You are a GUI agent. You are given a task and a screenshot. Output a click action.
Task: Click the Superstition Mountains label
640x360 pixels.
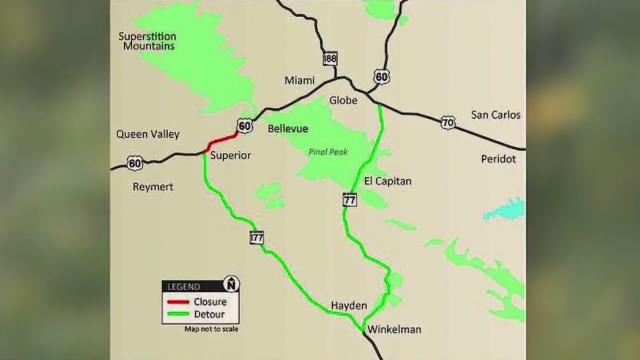pos(146,41)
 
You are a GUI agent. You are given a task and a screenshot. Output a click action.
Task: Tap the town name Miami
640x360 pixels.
pos(299,81)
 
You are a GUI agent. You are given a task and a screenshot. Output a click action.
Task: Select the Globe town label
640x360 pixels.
pos(343,100)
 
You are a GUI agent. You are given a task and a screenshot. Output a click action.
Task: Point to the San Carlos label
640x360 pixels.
pos(496,114)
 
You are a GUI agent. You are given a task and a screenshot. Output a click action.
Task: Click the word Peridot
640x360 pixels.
pos(498,159)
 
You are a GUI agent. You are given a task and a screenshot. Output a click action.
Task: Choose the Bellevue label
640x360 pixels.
pos(288,129)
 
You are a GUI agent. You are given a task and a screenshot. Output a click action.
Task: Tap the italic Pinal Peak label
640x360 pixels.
pos(327,152)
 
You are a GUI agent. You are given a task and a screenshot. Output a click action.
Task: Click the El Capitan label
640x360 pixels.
pos(387,181)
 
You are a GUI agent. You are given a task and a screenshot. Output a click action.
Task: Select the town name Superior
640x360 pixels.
pos(230,156)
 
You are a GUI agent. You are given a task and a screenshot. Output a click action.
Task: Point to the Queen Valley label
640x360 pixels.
pos(147,134)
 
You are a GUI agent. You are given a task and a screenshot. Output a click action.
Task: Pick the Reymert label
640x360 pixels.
pos(153,187)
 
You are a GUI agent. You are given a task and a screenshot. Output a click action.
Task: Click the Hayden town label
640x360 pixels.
pos(349,306)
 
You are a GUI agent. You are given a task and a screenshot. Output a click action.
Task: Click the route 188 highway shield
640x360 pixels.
pos(330,59)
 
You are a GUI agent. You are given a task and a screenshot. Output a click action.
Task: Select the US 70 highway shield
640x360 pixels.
pos(448,123)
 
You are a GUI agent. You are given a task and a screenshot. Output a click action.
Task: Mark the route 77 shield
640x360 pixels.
pos(349,200)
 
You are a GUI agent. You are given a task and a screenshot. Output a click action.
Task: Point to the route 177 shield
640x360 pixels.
pos(256,238)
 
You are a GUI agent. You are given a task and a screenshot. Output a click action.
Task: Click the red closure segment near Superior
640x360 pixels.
pos(223,140)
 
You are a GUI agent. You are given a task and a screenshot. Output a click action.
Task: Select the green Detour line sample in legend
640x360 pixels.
pos(178,315)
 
